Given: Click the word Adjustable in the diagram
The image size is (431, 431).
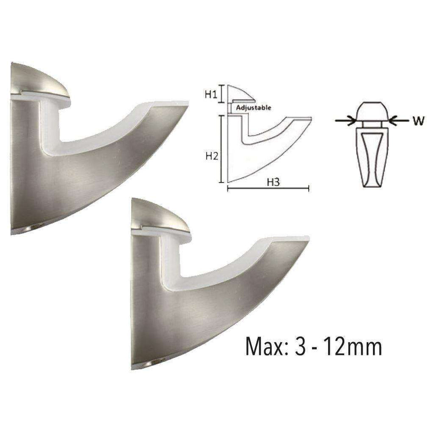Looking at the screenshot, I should [253, 108].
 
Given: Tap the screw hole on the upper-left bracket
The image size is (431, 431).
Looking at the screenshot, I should [30, 230].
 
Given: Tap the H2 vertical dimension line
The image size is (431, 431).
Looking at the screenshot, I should [221, 149].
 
